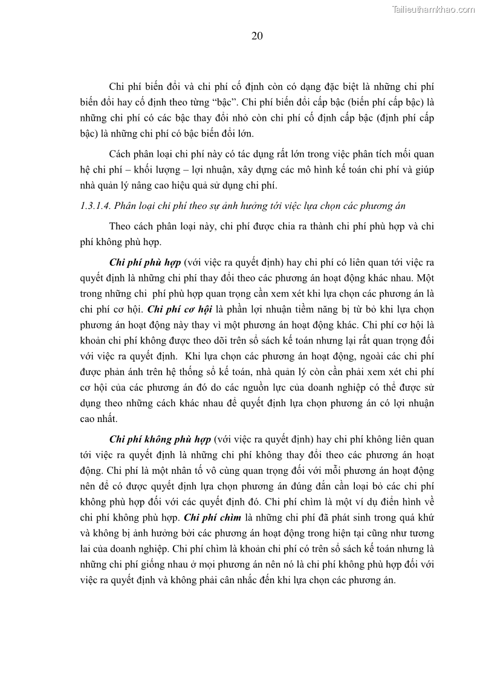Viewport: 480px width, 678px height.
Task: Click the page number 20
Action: click(x=257, y=36)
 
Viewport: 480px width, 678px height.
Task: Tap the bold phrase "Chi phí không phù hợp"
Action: click(x=160, y=439)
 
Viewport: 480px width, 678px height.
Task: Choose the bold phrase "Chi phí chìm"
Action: click(x=210, y=517)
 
